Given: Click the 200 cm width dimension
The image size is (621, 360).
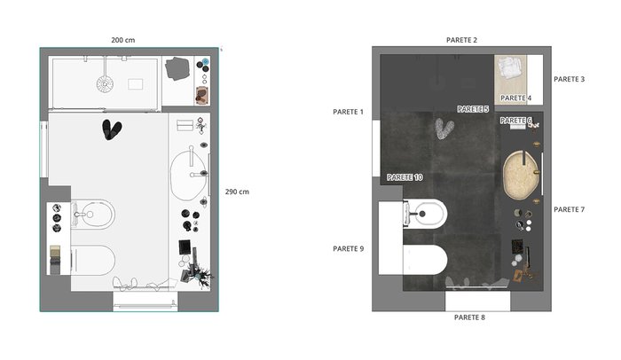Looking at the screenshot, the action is click(x=122, y=40).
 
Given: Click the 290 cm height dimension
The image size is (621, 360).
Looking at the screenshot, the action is click(x=237, y=192).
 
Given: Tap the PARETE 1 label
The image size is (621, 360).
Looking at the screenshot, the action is click(x=348, y=112).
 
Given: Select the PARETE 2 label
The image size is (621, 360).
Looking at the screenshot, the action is click(x=461, y=40).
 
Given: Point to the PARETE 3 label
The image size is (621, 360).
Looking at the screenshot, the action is click(x=569, y=79).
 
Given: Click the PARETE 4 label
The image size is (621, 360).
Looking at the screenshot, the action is click(x=515, y=98).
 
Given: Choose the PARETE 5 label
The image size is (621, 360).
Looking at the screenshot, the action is click(x=473, y=109).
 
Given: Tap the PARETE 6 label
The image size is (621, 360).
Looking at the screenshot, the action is click(x=515, y=120).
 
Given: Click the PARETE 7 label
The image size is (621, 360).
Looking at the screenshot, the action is click(x=569, y=209).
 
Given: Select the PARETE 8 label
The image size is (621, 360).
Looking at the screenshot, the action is click(x=469, y=317).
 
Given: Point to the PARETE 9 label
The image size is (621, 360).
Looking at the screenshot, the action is click(x=348, y=248).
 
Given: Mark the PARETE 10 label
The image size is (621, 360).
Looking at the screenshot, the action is click(x=405, y=177).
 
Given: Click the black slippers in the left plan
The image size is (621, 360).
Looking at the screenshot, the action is click(x=112, y=129).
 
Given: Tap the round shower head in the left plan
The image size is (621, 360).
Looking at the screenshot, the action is click(x=105, y=83).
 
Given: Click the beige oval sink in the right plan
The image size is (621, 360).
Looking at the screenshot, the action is click(x=522, y=175).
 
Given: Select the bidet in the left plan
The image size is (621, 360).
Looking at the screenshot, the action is click(x=93, y=215).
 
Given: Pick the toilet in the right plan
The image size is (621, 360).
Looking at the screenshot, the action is click(x=425, y=260).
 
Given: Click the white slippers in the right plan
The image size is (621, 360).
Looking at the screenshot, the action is click(x=444, y=129).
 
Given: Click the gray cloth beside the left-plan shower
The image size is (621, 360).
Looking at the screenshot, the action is click(x=177, y=68).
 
